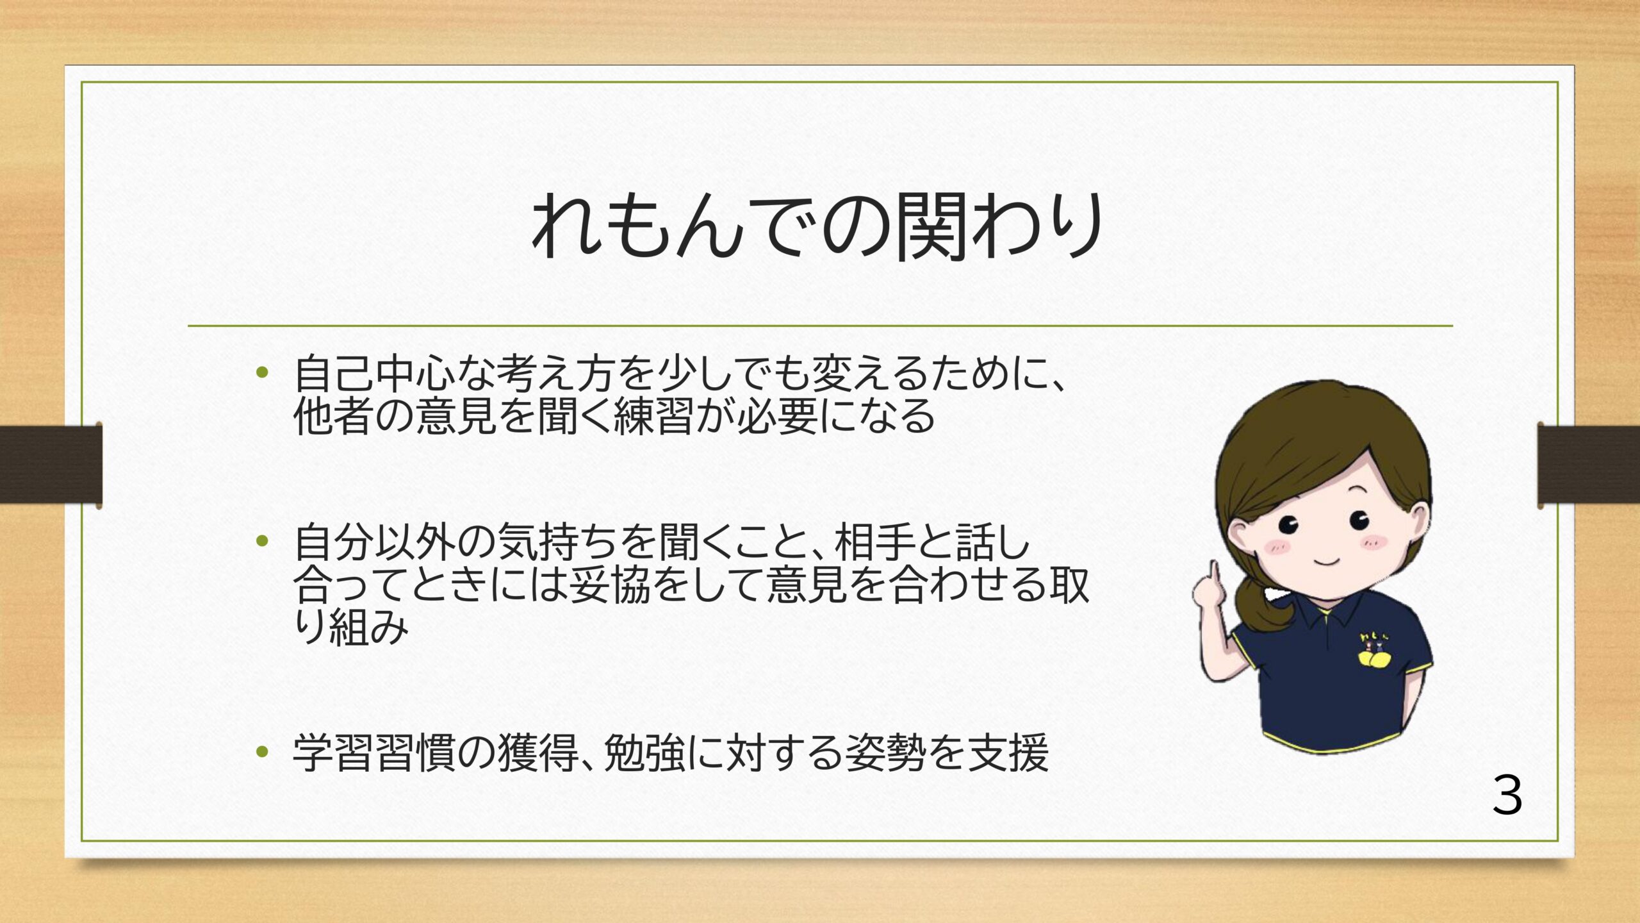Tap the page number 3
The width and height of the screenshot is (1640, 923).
click(1507, 795)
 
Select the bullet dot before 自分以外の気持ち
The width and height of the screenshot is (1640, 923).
click(261, 542)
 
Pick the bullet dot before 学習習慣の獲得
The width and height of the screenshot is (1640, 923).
click(261, 751)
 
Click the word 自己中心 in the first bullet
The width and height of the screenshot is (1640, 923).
click(375, 374)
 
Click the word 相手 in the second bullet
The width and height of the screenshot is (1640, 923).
click(875, 542)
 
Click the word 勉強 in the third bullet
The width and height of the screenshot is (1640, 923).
click(644, 752)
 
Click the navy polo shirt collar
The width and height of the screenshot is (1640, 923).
click(1332, 609)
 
